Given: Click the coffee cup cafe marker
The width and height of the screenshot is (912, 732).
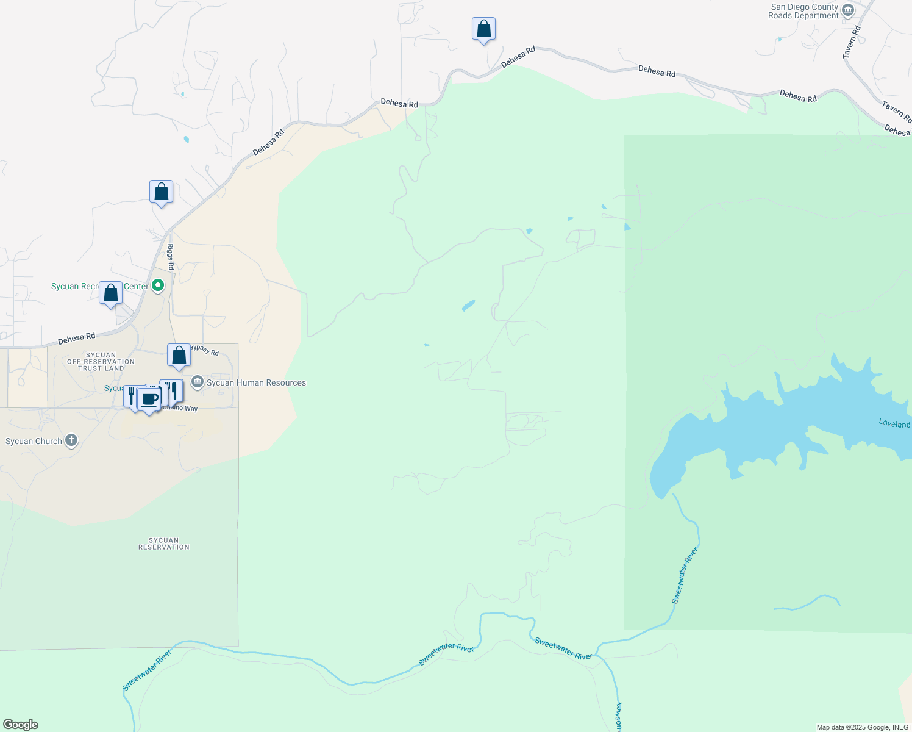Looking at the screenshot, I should [x=149, y=400].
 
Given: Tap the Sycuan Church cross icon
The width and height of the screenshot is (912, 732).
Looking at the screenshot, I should [x=71, y=440].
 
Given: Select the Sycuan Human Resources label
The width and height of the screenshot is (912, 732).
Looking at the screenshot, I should [x=256, y=383].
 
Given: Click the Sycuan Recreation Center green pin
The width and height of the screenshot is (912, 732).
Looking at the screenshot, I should [x=158, y=285].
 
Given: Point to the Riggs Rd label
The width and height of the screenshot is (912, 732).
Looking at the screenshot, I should [x=171, y=257].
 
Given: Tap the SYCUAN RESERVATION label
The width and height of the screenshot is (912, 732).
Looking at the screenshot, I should [x=163, y=544].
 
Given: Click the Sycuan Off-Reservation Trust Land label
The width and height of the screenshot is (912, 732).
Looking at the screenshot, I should [x=101, y=362].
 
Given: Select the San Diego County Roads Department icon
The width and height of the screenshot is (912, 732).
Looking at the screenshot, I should [x=847, y=10].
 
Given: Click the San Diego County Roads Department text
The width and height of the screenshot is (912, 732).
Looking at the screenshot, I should [x=803, y=12].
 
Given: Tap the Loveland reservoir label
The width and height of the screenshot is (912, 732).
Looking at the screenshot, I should [x=894, y=423].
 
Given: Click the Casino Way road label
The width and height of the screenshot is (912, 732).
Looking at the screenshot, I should [x=181, y=408].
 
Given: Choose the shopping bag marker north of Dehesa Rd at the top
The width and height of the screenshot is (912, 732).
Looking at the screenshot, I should [x=483, y=29].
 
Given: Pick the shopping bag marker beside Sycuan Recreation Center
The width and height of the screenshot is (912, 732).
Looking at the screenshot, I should [x=110, y=293].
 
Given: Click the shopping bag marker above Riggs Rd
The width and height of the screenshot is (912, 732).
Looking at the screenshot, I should [x=161, y=192].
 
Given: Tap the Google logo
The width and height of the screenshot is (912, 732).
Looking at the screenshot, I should [x=21, y=725].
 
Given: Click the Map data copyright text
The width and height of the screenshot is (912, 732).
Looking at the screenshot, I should [x=863, y=727].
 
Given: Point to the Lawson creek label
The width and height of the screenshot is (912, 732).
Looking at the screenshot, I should [x=618, y=717].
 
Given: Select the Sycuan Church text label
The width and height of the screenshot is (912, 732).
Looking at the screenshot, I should [x=34, y=442].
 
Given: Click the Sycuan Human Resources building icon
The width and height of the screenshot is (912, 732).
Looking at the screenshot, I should [x=197, y=382].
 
